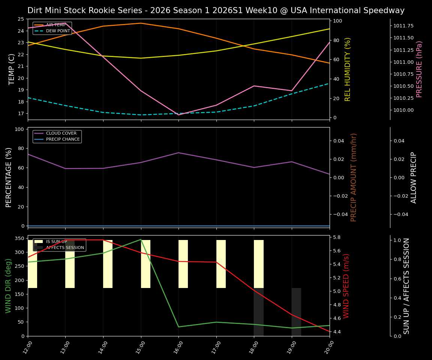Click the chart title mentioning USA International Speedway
216,10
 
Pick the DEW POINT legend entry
58,31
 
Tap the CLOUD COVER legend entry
61,133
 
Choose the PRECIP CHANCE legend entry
63,139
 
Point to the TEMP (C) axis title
12,69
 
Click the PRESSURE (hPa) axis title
419,69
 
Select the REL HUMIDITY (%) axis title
348,69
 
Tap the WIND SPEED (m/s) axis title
346,286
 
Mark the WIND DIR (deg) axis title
8,286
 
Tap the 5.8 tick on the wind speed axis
336,237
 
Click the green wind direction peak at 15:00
141,239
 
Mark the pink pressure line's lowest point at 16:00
179,114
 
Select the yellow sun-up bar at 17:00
221,264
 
